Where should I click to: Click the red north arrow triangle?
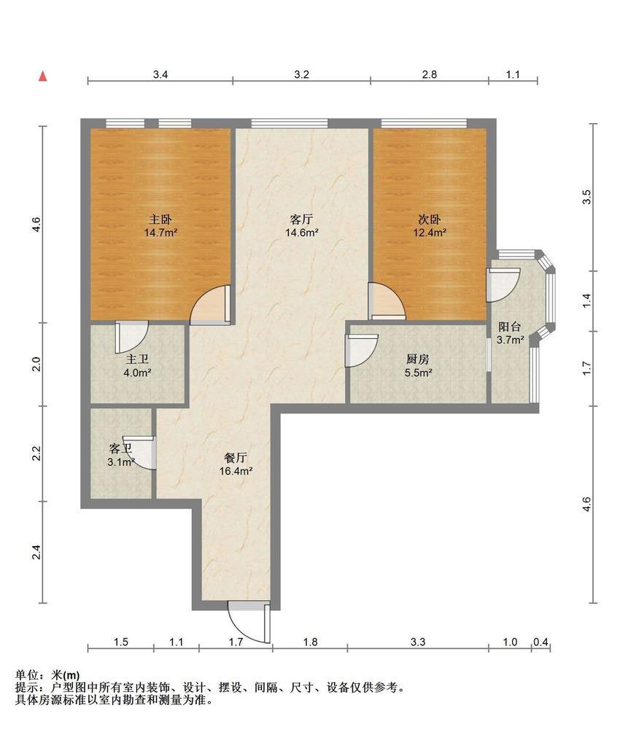pos(43,77)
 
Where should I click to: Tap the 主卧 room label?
pos(160,219)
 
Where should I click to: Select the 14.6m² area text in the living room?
pos(301,233)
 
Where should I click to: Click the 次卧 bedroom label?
pos(430,219)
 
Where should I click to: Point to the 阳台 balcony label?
pos(509,327)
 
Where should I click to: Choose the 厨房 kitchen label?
pos(417,359)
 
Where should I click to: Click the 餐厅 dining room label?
pos(236,458)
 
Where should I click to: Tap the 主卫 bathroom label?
pos(137,359)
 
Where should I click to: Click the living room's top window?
pos(290,123)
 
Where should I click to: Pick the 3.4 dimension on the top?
pos(160,74)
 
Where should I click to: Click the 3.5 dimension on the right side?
pos(587,197)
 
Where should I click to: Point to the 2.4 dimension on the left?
pos(36,553)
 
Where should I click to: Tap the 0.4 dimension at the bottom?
pos(540,642)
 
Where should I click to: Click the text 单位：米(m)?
pos(47,674)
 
